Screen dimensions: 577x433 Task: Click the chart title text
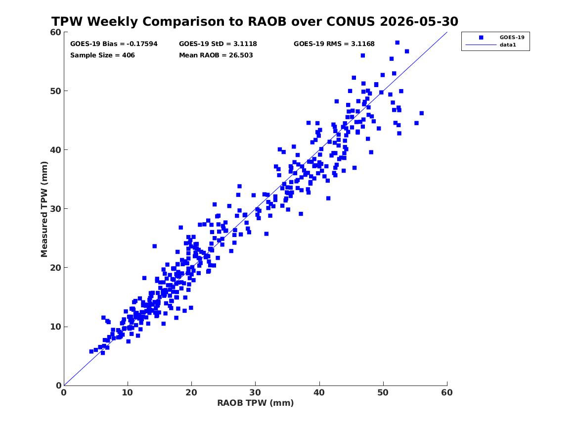pos(255,21)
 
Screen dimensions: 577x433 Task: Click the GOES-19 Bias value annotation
pos(114,44)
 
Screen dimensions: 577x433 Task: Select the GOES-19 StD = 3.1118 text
pos(218,44)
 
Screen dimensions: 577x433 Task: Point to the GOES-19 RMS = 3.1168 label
pos(334,44)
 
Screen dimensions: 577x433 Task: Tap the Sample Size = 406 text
pos(102,55)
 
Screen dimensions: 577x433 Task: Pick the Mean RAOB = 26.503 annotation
pos(216,55)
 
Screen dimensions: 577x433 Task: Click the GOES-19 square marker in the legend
pos(481,37)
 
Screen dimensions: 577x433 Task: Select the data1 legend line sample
pos(481,45)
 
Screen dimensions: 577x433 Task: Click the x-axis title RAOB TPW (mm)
pos(256,403)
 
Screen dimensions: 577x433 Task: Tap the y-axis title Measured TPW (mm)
pos(44,209)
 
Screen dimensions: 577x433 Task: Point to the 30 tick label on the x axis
pos(255,392)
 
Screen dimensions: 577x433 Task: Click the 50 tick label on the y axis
pos(55,91)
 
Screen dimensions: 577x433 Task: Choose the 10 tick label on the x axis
pos(128,392)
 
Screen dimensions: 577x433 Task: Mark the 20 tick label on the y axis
pos(55,268)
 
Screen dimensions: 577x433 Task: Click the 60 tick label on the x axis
pos(447,392)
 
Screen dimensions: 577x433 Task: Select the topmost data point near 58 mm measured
pos(397,43)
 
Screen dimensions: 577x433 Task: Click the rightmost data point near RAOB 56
pos(421,113)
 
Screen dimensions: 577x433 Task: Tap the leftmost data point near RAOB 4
pos(91,352)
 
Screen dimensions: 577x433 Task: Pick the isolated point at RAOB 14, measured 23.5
pos(155,246)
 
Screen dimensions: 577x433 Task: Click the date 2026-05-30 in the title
pos(419,21)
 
